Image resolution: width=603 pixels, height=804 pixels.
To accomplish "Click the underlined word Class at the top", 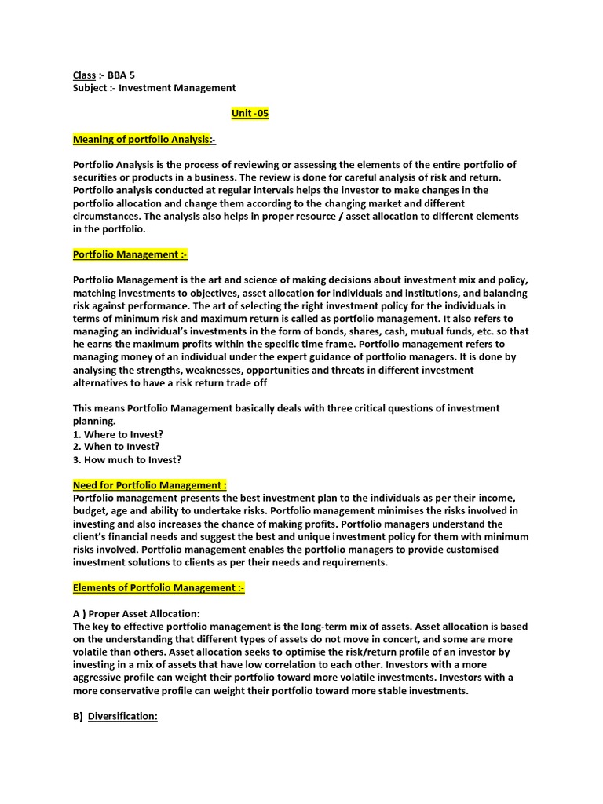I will click(x=84, y=75).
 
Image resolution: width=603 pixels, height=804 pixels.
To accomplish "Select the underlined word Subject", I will click(x=90, y=88).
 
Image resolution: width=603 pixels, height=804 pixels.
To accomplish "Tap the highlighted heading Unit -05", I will click(x=250, y=113).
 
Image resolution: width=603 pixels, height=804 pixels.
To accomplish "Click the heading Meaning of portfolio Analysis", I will click(x=143, y=139).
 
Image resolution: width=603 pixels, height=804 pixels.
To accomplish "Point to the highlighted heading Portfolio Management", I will click(x=130, y=254).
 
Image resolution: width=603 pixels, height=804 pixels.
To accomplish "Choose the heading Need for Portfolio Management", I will click(x=149, y=485).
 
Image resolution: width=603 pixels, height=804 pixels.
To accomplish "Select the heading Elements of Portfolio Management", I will click(x=158, y=587).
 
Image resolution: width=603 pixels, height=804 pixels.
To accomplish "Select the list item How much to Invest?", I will click(x=127, y=459).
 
